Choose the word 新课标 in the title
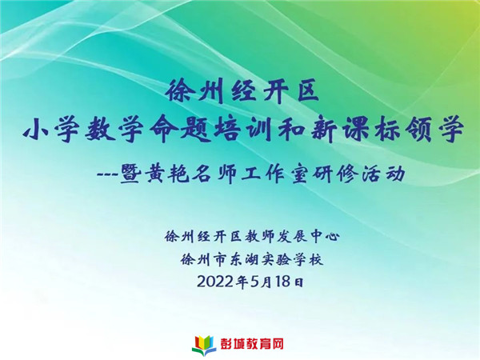[354, 130]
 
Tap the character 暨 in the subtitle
[130, 174]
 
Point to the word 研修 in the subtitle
[335, 174]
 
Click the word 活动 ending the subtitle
[383, 174]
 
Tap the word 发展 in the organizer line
[291, 236]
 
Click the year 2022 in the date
[216, 282]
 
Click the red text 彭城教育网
[252, 344]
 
